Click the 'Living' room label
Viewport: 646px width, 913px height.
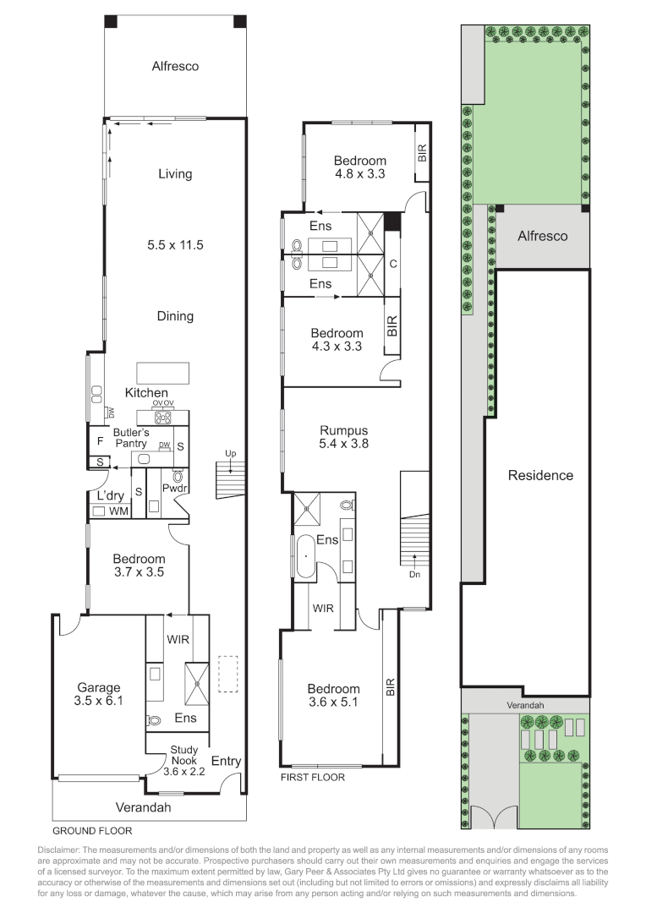click(175, 174)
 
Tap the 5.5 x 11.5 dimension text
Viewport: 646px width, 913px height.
click(175, 245)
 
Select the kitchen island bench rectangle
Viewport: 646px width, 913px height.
click(163, 374)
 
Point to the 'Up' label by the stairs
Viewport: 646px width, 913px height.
click(231, 454)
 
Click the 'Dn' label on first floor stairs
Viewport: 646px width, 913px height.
click(414, 574)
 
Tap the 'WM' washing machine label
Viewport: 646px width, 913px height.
click(119, 511)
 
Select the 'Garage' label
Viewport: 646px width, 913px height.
click(98, 687)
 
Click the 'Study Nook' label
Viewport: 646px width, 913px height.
click(184, 755)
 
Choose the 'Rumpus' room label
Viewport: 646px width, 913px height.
click(343, 431)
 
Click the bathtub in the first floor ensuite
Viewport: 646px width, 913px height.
click(304, 556)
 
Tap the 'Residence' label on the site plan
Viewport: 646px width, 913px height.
click(540, 476)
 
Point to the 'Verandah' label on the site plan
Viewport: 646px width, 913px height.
click(525, 705)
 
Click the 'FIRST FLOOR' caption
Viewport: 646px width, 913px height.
click(313, 778)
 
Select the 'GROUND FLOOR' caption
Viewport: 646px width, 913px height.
click(92, 831)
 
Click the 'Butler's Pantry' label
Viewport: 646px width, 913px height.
click(131, 438)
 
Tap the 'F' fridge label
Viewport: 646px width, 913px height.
click(100, 441)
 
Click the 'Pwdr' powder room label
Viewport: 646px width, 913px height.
click(174, 488)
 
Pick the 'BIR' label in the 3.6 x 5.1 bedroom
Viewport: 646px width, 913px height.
click(391, 687)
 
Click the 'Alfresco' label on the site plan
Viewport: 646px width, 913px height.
click(542, 236)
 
